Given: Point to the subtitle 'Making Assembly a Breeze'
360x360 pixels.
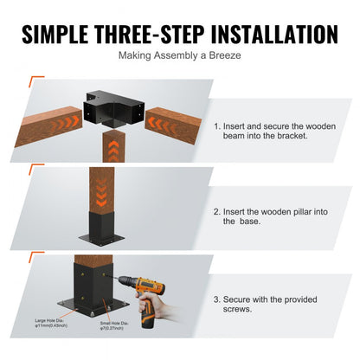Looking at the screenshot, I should [x=179, y=58].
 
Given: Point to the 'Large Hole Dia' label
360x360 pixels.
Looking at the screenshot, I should [x=55, y=329].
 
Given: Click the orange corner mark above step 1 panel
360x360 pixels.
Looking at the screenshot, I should [x=35, y=80].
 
